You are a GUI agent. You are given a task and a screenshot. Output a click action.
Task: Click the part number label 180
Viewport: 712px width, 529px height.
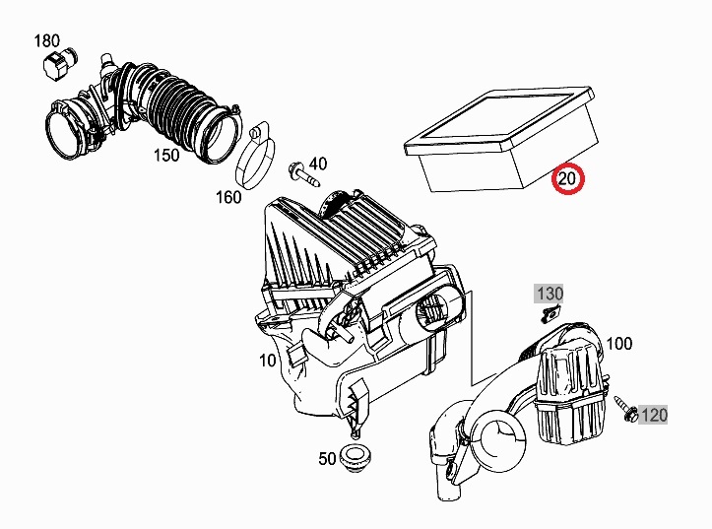[46, 40]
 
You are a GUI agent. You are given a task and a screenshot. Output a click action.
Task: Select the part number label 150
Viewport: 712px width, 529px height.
[165, 156]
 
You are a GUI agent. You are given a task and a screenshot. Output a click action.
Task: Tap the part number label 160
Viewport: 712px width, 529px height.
[228, 197]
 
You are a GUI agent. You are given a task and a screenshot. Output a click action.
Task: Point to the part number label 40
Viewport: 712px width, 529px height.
[317, 163]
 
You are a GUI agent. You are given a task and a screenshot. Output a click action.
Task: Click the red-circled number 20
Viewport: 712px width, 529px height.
[567, 179]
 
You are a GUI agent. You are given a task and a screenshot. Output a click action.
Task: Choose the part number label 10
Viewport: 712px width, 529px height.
[268, 361]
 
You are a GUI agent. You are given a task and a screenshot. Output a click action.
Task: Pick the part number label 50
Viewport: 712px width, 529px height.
[327, 458]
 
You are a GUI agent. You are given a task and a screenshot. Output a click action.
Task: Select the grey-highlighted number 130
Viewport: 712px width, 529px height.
[549, 294]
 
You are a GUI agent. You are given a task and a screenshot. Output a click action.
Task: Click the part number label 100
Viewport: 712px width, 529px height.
[619, 344]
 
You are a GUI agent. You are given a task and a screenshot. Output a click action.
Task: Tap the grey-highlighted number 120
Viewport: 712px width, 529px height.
[654, 416]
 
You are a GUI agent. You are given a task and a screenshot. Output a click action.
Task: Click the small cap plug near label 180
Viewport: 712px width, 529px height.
[54, 67]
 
